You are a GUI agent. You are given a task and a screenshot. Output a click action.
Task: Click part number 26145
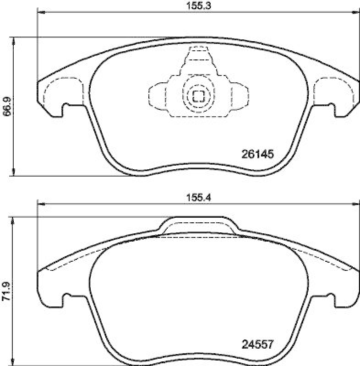(257, 155)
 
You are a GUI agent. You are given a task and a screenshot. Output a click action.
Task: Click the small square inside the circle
(198, 96)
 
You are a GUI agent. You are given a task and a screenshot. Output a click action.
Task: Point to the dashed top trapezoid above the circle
(198, 59)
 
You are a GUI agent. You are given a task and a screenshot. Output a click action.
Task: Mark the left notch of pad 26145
(65, 108)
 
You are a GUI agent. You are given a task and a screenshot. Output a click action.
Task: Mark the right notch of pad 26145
(332, 108)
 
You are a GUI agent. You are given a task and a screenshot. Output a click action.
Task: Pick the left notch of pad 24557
(65, 297)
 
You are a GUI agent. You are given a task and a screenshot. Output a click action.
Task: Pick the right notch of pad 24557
(332, 297)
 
